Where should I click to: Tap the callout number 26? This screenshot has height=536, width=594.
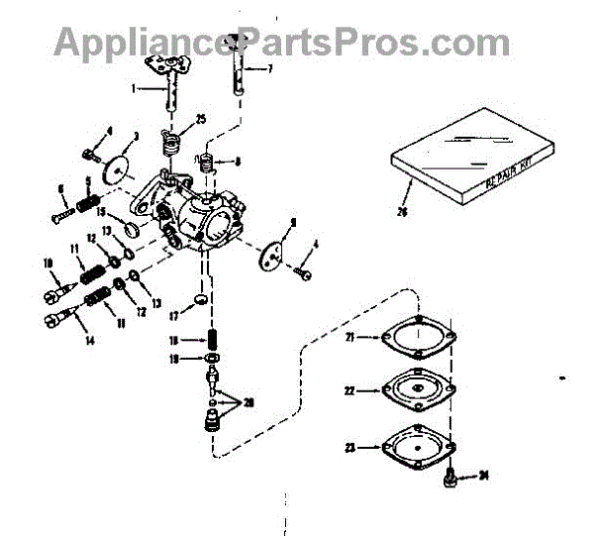coord(401,210)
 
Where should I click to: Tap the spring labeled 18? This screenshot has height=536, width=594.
coord(213,339)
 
